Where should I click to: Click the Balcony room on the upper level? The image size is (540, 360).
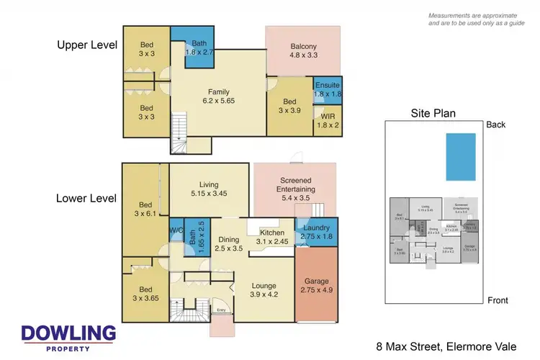pyautogui.click(x=303, y=50)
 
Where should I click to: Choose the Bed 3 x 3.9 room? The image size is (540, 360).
pyautogui.click(x=291, y=107)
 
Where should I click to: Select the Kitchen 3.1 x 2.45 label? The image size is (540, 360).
pyautogui.click(x=271, y=238)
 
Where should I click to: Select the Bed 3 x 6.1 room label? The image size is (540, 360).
pyautogui.click(x=145, y=208)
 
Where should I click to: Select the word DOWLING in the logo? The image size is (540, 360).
pyautogui.click(x=68, y=333)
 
